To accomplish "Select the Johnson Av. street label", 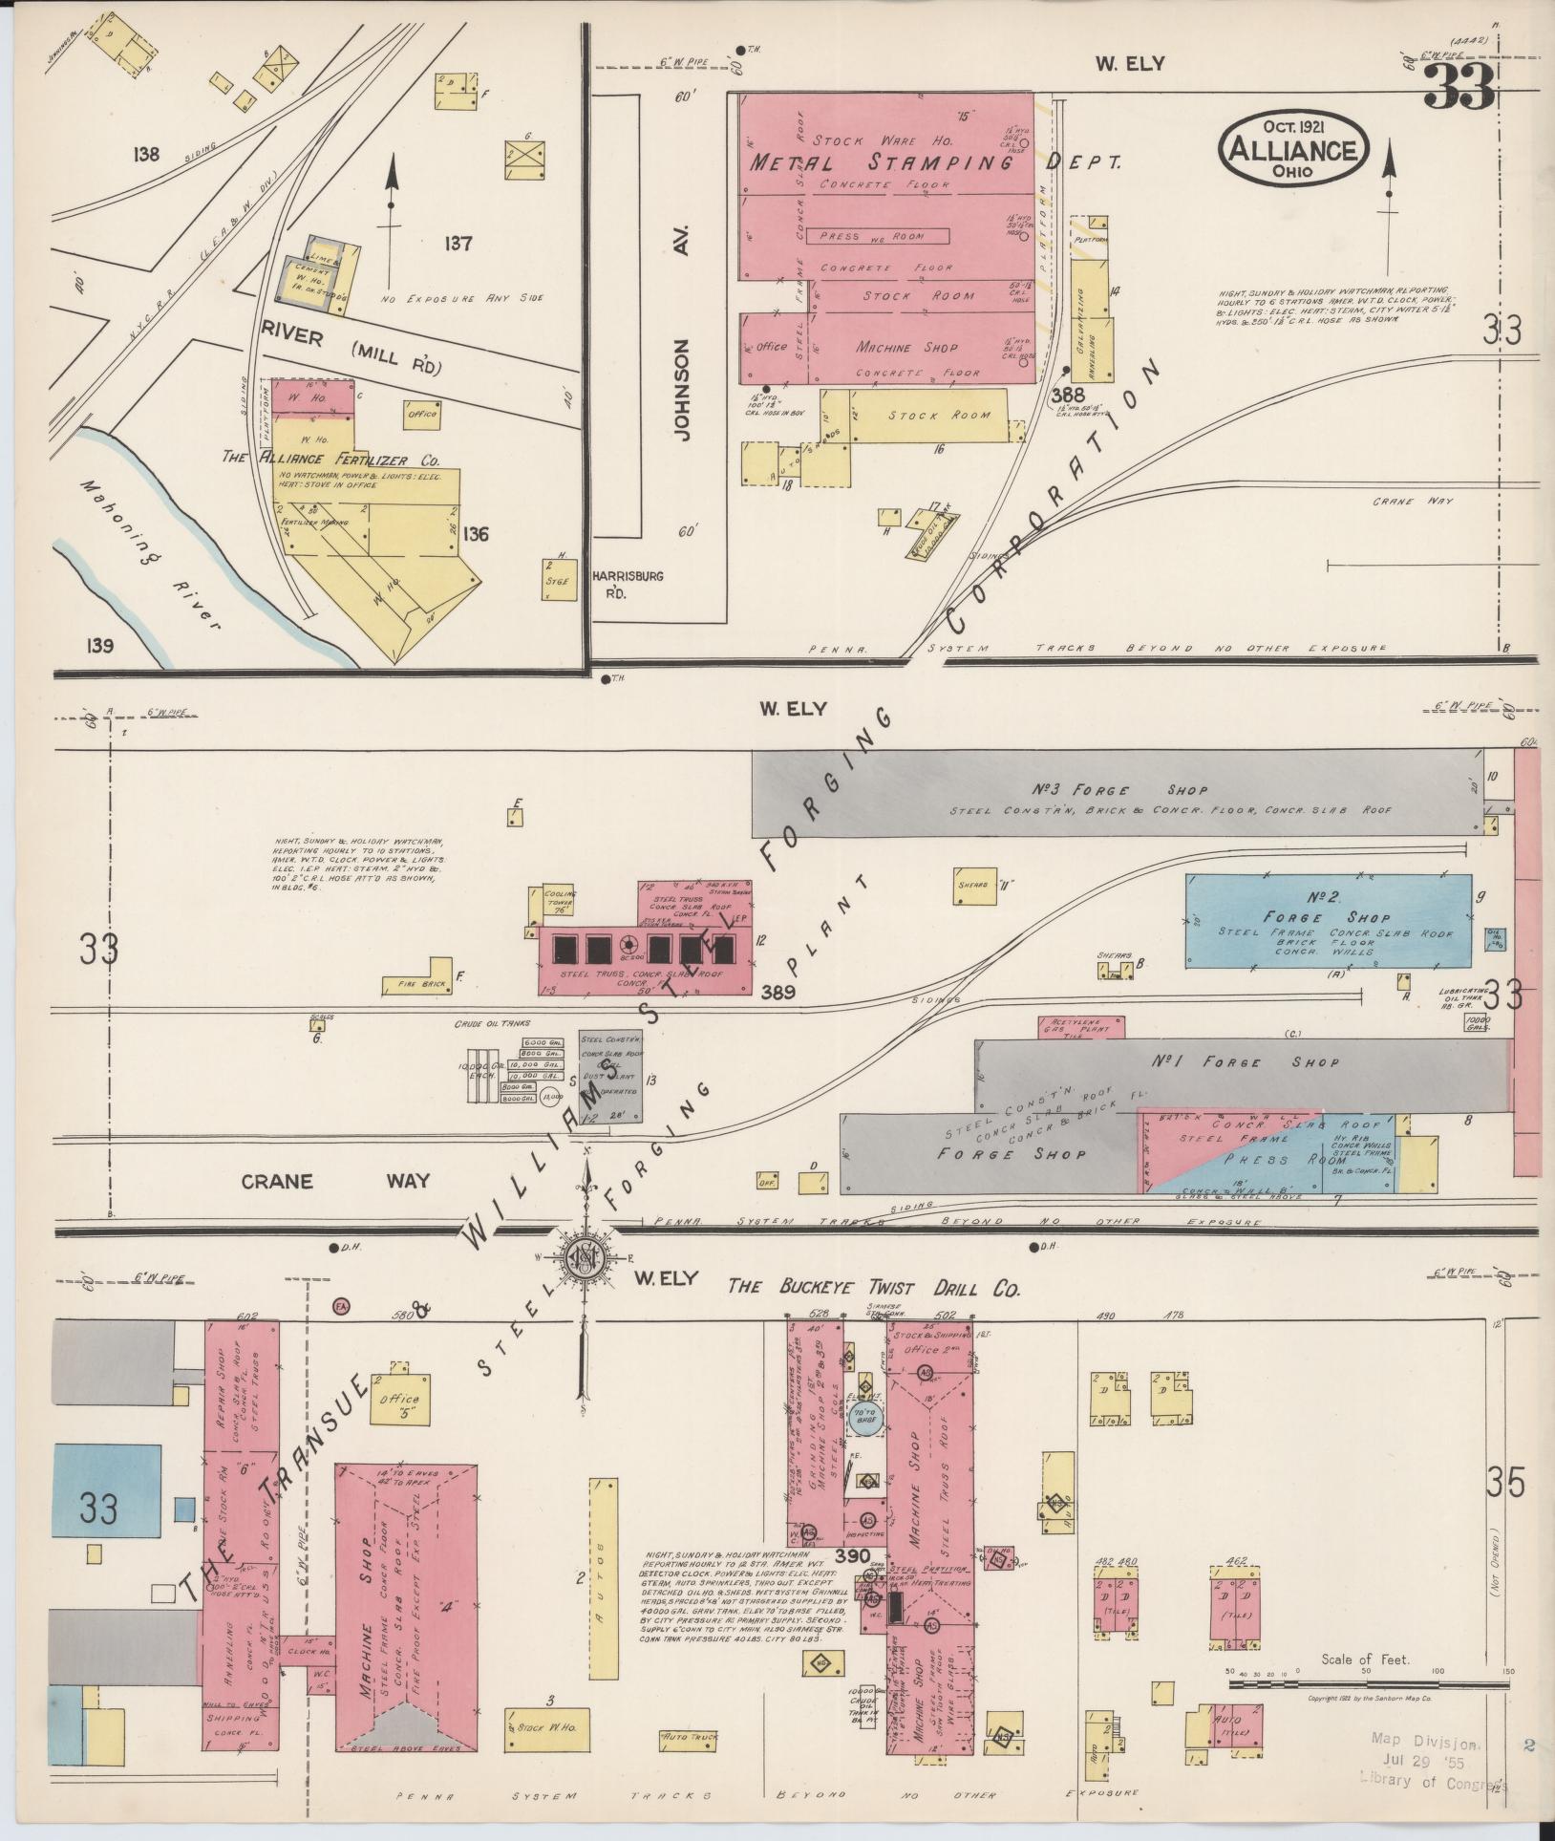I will point(680,377).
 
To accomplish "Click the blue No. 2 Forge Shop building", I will point(1328,920).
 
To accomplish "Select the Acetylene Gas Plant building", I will point(1080,1027).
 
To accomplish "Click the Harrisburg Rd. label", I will point(628,583).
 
